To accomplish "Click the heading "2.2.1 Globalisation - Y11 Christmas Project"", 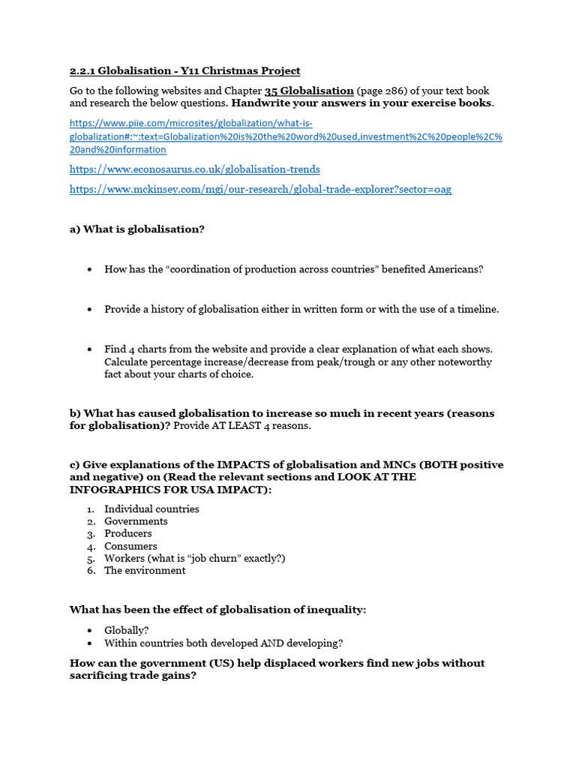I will click(184, 71).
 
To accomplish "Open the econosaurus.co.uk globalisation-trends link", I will click(194, 169).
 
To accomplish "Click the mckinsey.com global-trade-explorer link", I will click(260, 190).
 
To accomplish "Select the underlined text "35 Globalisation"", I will click(309, 91).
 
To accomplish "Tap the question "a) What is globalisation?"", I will click(136, 229).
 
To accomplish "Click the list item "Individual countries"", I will click(151, 509).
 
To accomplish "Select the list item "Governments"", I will click(136, 521).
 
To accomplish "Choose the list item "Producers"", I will click(128, 534).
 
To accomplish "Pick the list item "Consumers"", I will click(130, 546).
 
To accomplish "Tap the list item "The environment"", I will click(145, 571).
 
